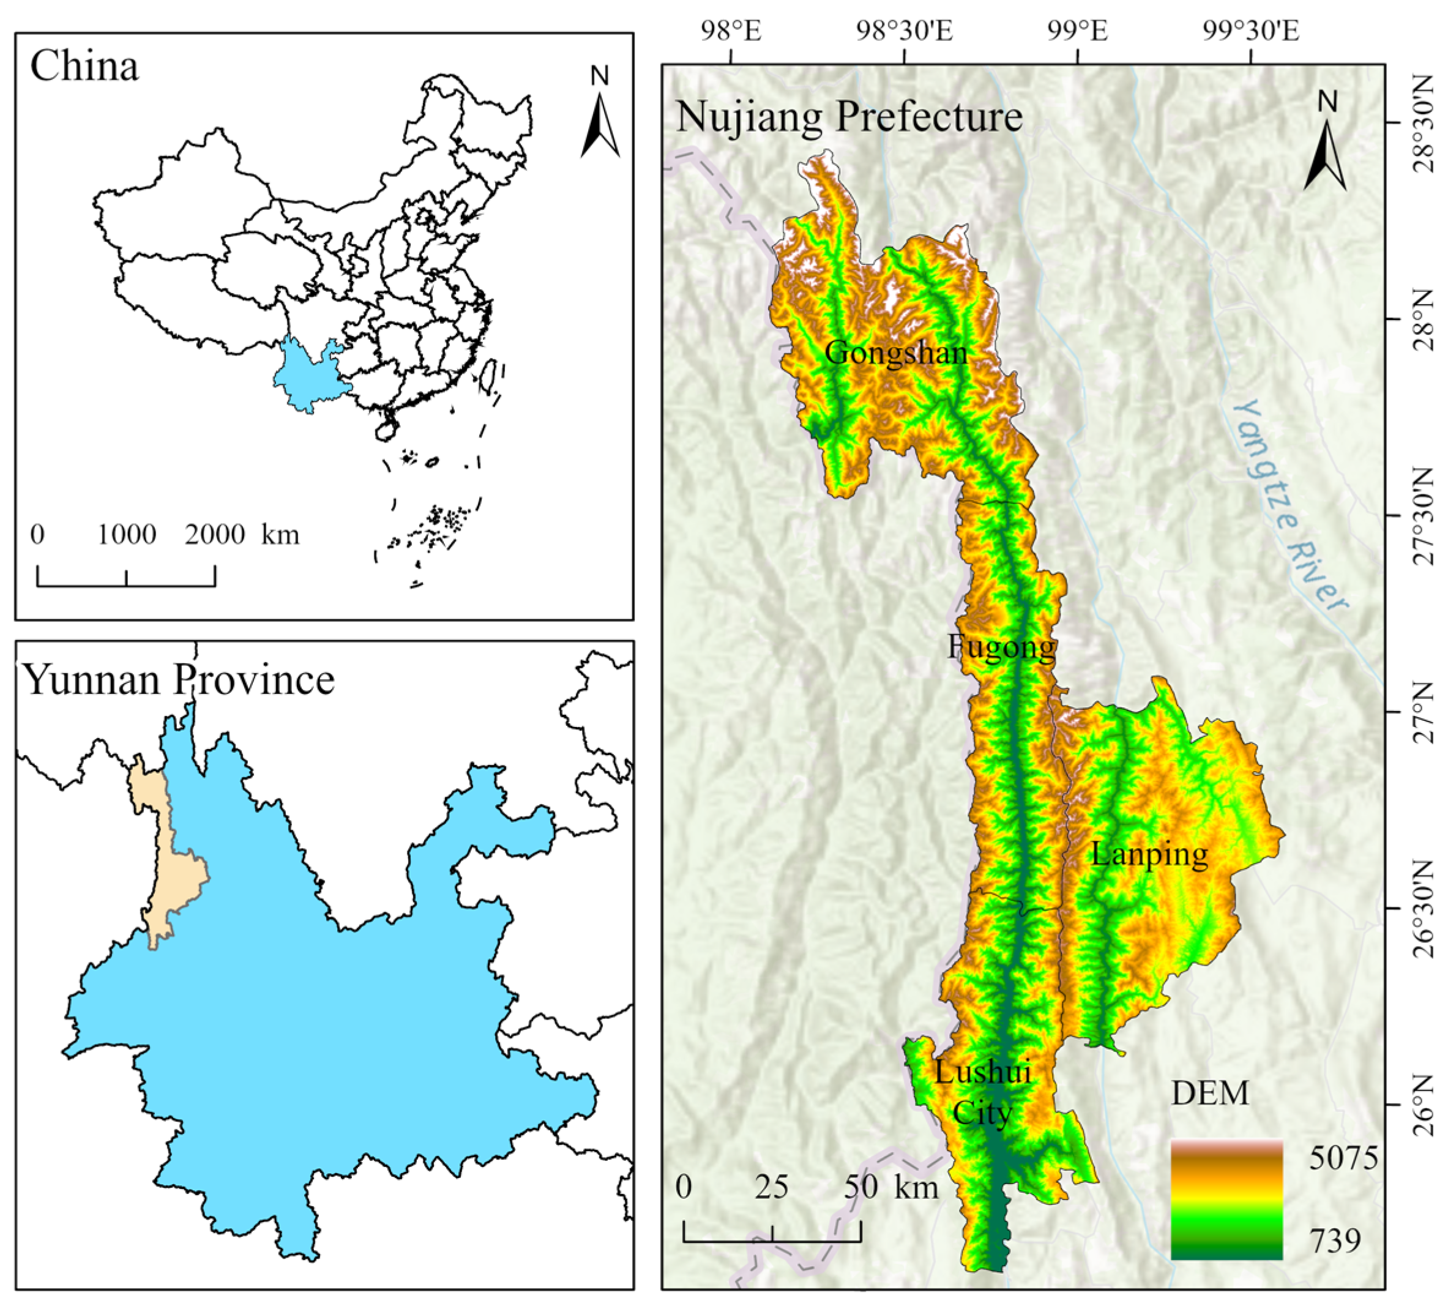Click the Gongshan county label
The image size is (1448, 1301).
point(895,353)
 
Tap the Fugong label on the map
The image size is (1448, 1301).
point(1001,647)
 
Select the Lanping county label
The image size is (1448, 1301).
point(1149,854)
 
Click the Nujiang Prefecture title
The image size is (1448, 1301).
point(849,116)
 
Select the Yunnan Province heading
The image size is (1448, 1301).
point(180,680)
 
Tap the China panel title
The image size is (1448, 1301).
point(84,67)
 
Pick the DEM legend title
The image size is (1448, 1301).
point(1210,1094)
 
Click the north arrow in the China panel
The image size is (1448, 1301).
point(600,114)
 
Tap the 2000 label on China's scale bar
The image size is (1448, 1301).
point(214,535)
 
